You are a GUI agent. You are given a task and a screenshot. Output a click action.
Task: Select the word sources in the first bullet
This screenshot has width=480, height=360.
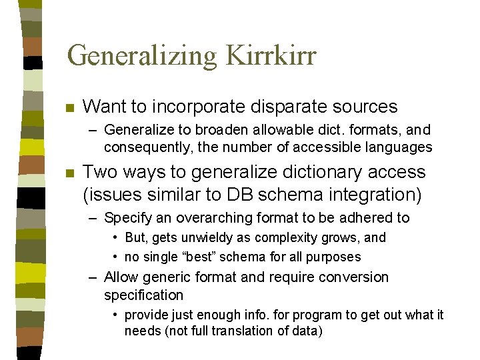[x=366, y=106]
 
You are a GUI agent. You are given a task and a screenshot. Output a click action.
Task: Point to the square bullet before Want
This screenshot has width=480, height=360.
[x=69, y=107]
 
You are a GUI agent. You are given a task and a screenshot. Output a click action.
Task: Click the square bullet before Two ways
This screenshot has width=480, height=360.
[x=69, y=173]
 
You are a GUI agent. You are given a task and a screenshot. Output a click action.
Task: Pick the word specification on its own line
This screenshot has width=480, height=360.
[x=143, y=294]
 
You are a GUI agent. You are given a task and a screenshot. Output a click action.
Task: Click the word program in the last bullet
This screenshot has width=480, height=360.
[x=293, y=314]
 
